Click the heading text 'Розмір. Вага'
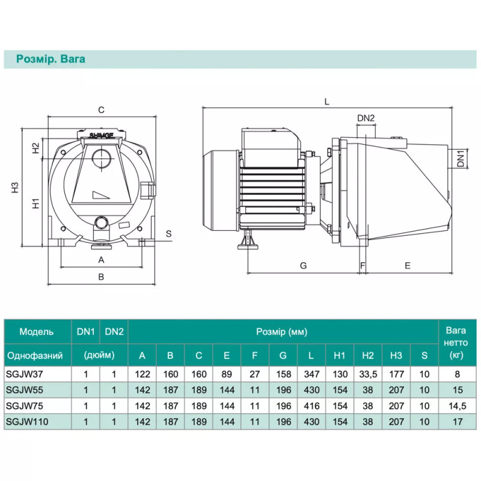(51, 59)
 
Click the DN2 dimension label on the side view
(366, 118)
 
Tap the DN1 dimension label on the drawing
(461, 158)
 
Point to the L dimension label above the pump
(326, 102)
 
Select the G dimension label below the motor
(303, 265)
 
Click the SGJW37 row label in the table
(23, 373)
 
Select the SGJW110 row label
(26, 422)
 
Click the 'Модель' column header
(37, 331)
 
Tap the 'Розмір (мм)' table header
(282, 331)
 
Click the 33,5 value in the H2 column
(368, 373)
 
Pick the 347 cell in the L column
(311, 373)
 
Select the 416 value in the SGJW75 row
(311, 406)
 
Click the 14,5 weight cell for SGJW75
(455, 406)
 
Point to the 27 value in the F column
(255, 373)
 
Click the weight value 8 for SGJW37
(455, 373)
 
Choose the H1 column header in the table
(340, 355)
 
